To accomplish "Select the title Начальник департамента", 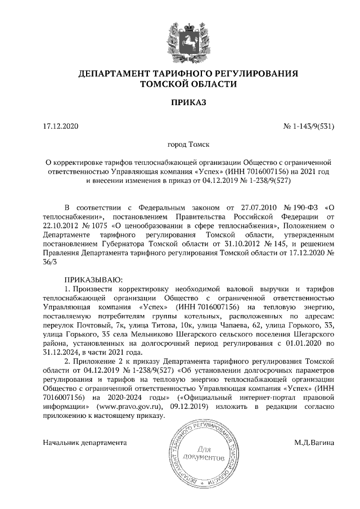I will [x=85, y=443].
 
